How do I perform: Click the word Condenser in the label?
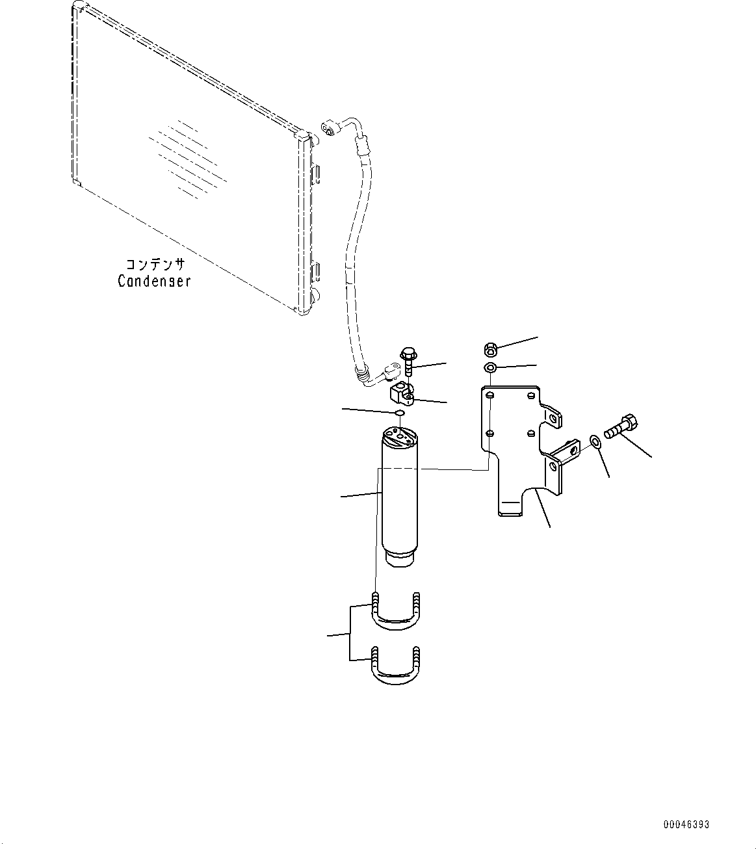[x=154, y=281]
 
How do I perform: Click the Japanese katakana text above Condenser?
[x=155, y=265]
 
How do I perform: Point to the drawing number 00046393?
[x=686, y=825]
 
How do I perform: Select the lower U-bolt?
[x=395, y=667]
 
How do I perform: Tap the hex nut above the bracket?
[x=491, y=350]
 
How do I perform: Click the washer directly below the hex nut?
[x=490, y=369]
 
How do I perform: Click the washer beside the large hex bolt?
[x=595, y=443]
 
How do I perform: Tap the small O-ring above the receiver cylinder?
[x=400, y=413]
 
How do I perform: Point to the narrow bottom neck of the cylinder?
[x=399, y=558]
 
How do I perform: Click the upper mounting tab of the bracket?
[x=551, y=416]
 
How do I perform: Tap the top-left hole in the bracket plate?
[x=491, y=395]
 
